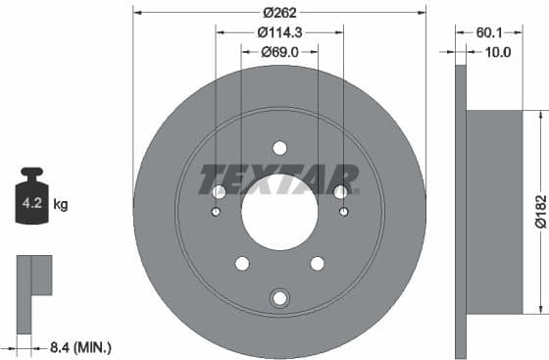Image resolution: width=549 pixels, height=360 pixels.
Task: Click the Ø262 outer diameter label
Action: click(279, 13)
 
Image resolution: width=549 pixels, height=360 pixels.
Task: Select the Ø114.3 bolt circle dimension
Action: click(279, 32)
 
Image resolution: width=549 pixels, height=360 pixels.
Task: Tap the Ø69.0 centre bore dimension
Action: click(279, 51)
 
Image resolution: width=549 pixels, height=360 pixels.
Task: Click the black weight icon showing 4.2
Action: click(31, 203)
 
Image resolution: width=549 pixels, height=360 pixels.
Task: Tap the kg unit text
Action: click(61, 205)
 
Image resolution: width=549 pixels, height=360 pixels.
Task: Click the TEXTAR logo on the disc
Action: click(279, 180)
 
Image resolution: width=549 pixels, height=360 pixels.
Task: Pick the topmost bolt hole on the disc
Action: click(279, 148)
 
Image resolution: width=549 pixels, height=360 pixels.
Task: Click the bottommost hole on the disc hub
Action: click(279, 298)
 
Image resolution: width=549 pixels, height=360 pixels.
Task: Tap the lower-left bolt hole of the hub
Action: click(241, 263)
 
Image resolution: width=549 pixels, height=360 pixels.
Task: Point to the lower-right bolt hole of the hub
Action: click(318, 263)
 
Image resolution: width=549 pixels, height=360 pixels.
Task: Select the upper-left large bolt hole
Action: click(219, 191)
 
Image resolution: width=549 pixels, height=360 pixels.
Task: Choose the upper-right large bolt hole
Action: click(341, 191)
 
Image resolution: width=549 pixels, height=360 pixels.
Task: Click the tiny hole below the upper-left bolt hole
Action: click(217, 211)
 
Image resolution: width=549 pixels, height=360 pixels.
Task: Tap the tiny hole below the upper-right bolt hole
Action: click(343, 211)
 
